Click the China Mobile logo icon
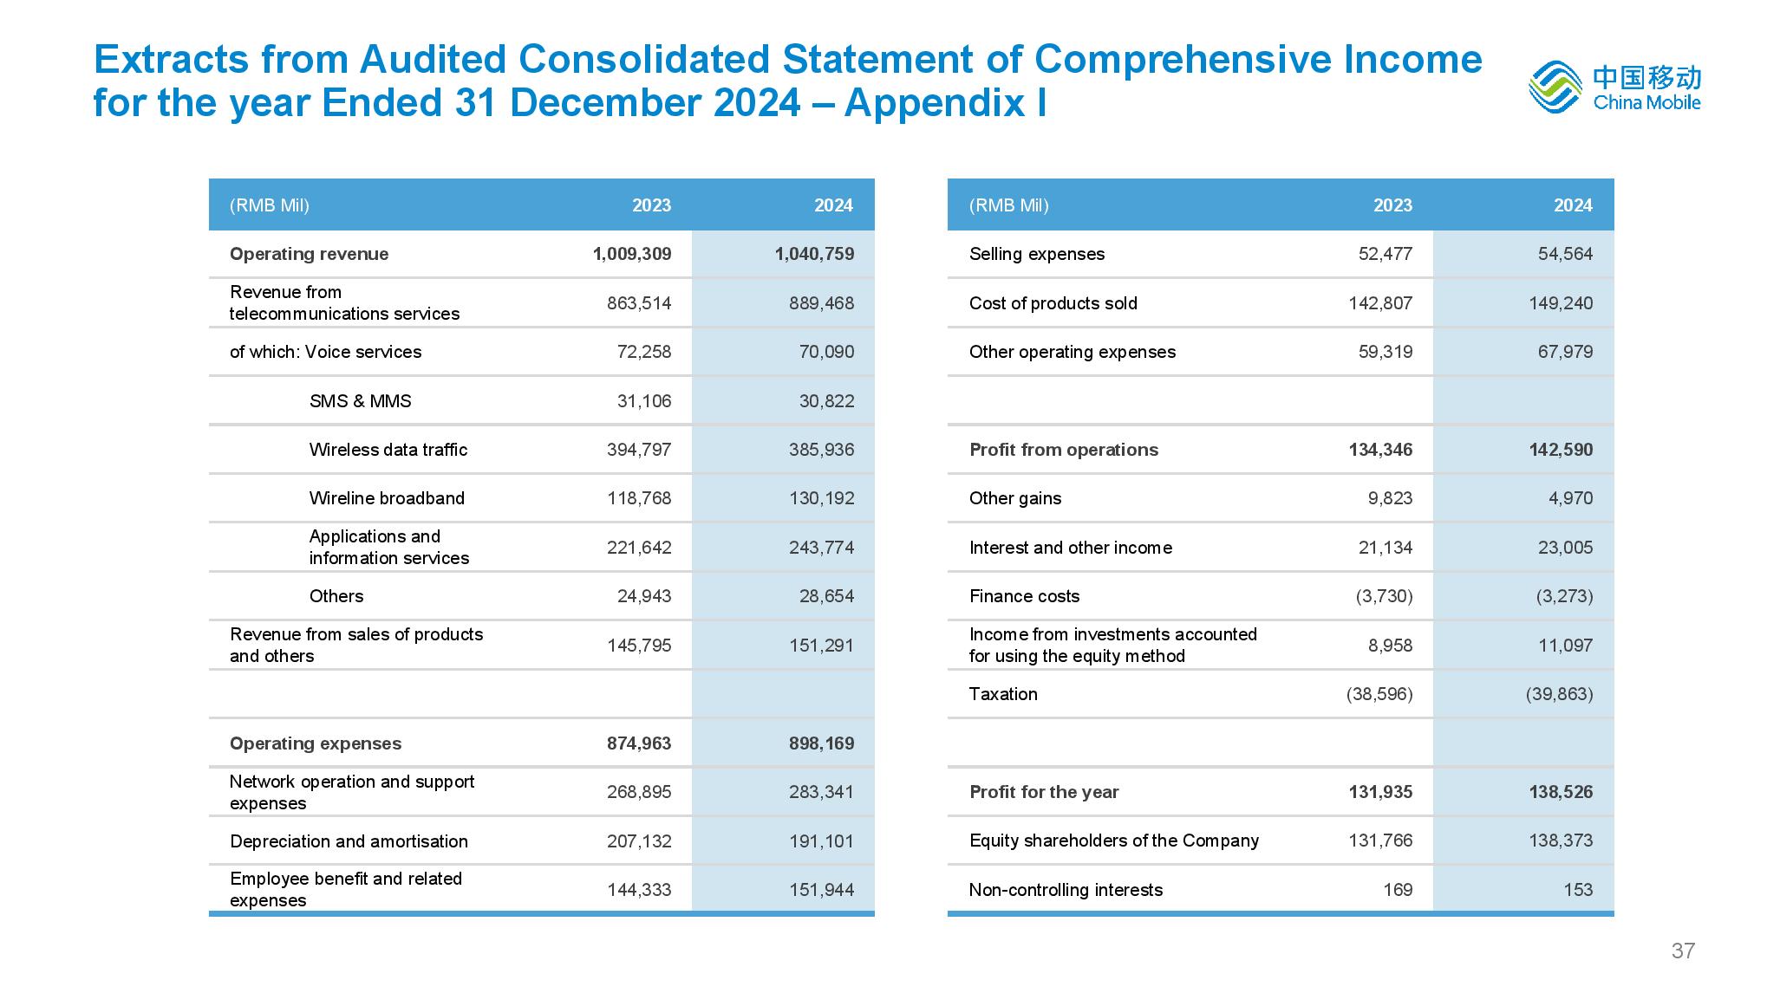1555,87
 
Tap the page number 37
1683,951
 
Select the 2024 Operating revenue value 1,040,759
814,254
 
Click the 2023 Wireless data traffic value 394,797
639,450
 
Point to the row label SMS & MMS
361,401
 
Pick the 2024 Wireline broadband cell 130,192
821,498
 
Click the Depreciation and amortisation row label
349,841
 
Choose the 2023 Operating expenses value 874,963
639,743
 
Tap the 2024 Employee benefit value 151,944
821,890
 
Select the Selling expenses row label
1037,254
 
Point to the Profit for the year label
1044,792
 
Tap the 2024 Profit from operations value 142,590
1561,450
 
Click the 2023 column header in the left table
651,205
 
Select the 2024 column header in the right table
1573,205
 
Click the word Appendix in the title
931,103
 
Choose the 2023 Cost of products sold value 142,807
1380,303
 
